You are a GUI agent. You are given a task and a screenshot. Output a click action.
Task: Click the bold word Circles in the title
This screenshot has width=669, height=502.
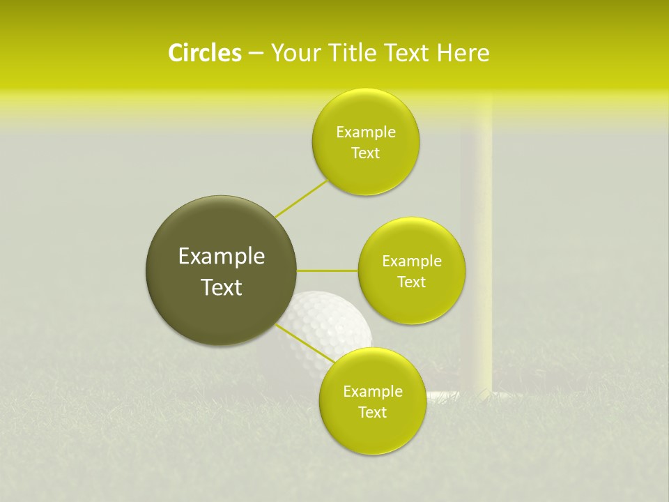[x=204, y=53]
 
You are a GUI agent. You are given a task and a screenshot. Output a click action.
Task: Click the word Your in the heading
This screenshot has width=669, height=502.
[x=295, y=53]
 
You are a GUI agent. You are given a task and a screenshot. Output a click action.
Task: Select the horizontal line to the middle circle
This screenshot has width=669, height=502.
[x=328, y=270]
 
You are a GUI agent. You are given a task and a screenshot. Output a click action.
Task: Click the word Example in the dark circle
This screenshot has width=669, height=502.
[x=221, y=257]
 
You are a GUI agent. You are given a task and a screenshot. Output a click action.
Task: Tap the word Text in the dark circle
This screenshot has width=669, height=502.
[x=221, y=287]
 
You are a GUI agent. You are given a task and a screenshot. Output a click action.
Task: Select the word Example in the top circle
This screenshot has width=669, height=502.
[x=365, y=132]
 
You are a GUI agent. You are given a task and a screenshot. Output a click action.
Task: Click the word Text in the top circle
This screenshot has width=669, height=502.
[x=365, y=153]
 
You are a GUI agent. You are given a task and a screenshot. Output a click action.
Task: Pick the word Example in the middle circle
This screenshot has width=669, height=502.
[x=411, y=261]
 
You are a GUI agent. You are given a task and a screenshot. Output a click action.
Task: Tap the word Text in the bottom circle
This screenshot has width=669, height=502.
[x=372, y=413]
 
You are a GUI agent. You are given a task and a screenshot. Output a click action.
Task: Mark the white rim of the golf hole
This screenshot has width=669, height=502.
[x=443, y=395]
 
